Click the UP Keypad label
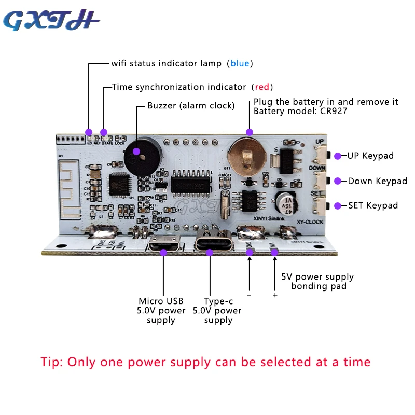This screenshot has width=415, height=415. (370, 156)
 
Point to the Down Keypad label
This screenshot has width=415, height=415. (377, 181)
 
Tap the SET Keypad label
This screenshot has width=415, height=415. (373, 205)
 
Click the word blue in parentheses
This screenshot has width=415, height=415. (240, 63)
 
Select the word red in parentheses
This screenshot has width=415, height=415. (262, 87)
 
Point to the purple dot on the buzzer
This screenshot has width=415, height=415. (136, 152)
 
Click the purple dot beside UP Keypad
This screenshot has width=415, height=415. (338, 156)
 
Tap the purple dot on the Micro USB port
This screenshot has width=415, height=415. (163, 252)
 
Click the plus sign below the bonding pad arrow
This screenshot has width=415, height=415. (275, 295)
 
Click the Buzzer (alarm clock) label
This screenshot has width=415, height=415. (191, 106)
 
